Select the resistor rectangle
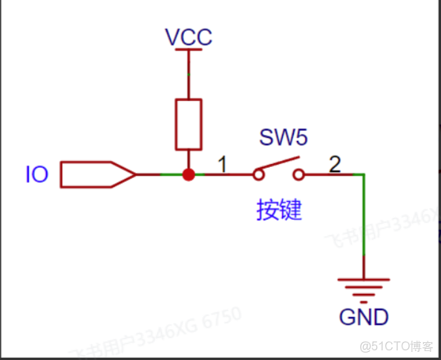click(x=189, y=123)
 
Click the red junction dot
click(x=189, y=174)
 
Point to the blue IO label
click(x=37, y=175)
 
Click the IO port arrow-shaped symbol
click(x=97, y=174)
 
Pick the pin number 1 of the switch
click(x=220, y=161)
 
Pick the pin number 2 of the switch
click(x=335, y=163)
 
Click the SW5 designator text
click(x=283, y=137)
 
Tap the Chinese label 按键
click(x=279, y=210)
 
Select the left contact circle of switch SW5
click(x=258, y=175)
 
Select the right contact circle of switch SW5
click(x=299, y=175)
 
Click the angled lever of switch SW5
click(x=278, y=165)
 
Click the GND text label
click(x=364, y=317)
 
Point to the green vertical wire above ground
click(x=364, y=223)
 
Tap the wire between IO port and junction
click(x=160, y=174)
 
